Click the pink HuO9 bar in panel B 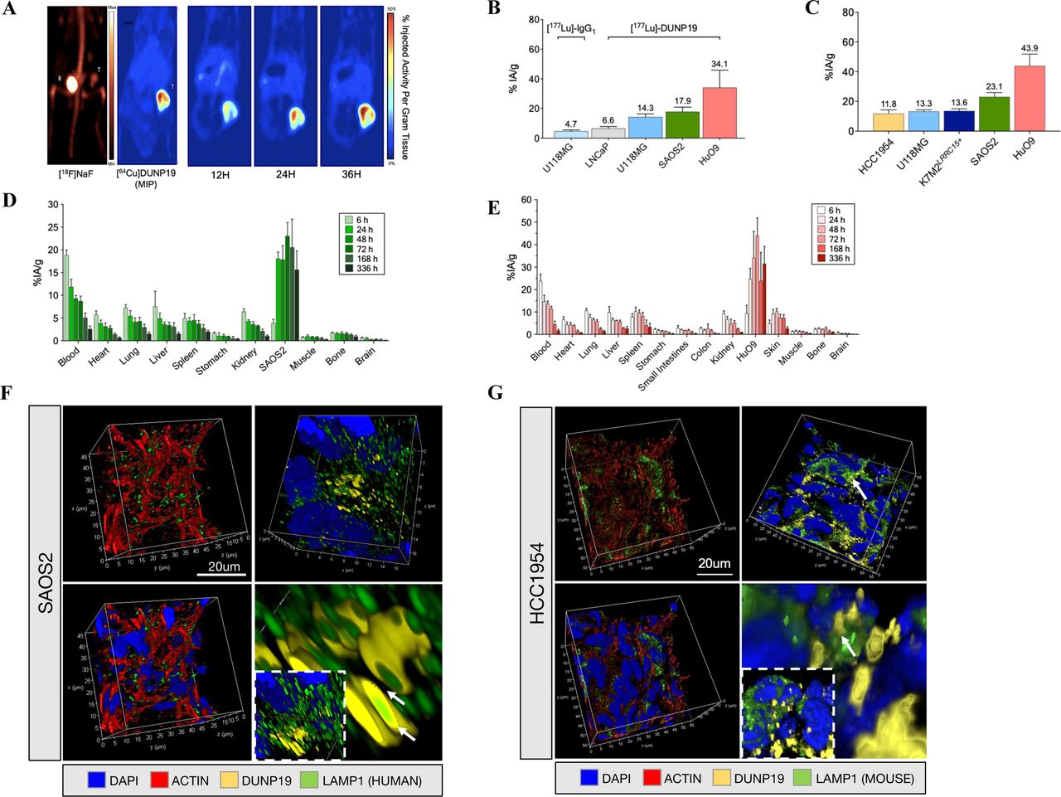719,113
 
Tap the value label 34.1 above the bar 719,64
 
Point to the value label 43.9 1029,48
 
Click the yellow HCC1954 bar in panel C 888,122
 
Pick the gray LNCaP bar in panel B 608,133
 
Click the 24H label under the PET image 285,175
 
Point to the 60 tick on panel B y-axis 535,50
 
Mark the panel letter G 495,392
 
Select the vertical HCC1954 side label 536,583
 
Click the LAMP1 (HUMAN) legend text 371,780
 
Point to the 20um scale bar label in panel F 222,567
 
